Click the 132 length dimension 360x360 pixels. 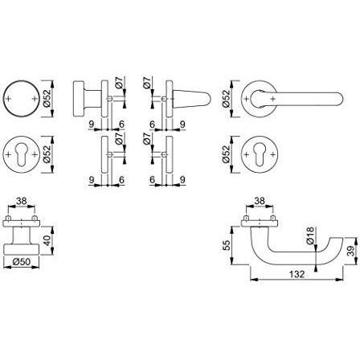point(297,274)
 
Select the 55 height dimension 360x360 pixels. point(227,245)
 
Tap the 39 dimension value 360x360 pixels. point(351,251)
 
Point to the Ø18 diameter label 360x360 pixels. point(310,235)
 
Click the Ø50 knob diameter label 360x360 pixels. point(22,261)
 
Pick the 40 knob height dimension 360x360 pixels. point(47,240)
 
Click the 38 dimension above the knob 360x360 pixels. point(22,201)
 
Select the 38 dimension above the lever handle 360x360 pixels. point(260,201)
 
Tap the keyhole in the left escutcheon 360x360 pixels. point(22,155)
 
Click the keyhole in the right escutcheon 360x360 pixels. point(260,155)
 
